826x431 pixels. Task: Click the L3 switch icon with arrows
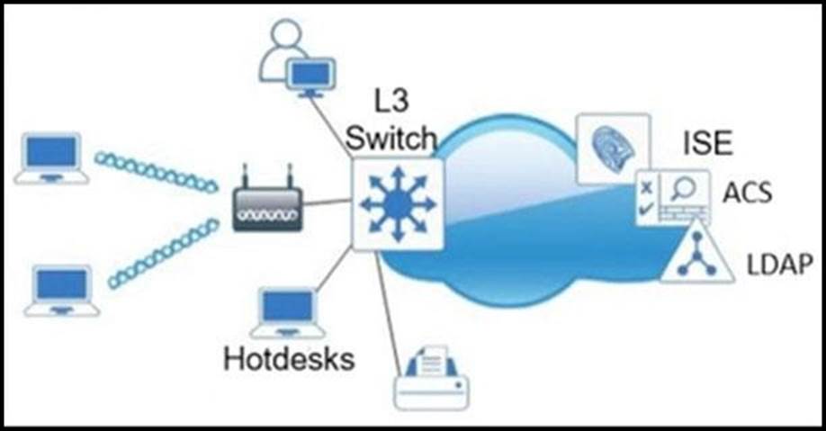click(397, 204)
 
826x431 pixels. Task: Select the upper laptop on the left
click(51, 158)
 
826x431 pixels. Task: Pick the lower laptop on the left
click(62, 290)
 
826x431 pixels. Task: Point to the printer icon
click(432, 378)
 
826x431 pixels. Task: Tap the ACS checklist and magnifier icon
click(673, 196)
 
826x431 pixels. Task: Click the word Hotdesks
click(288, 358)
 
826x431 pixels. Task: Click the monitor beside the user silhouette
click(310, 75)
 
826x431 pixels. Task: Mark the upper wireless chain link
click(156, 171)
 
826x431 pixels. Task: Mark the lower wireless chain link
click(163, 254)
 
